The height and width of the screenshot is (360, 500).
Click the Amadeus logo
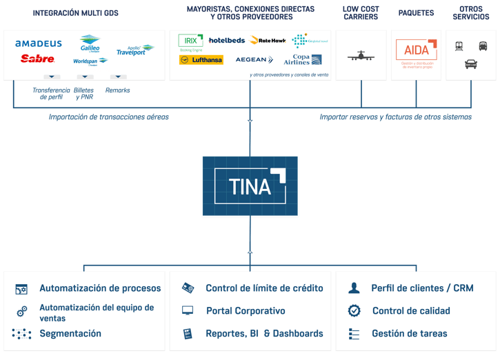[39, 43]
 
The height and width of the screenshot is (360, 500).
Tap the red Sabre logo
[37, 59]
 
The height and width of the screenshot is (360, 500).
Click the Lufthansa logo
[201, 60]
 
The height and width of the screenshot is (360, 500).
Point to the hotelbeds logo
[226, 41]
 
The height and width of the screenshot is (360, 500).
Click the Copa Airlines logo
[302, 59]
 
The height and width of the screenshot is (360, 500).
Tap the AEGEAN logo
[253, 60]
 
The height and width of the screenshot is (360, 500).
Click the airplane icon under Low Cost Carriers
[362, 56]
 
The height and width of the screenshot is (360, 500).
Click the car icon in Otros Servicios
[471, 64]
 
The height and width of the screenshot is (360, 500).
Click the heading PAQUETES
[415, 13]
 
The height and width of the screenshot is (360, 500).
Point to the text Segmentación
[70, 334]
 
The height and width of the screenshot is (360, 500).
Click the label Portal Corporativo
[245, 311]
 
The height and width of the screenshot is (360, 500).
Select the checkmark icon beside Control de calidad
[354, 311]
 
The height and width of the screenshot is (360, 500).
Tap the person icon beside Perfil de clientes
[354, 288]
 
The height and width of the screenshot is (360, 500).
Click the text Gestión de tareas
[409, 334]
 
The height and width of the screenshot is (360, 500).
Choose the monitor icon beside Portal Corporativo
[188, 311]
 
